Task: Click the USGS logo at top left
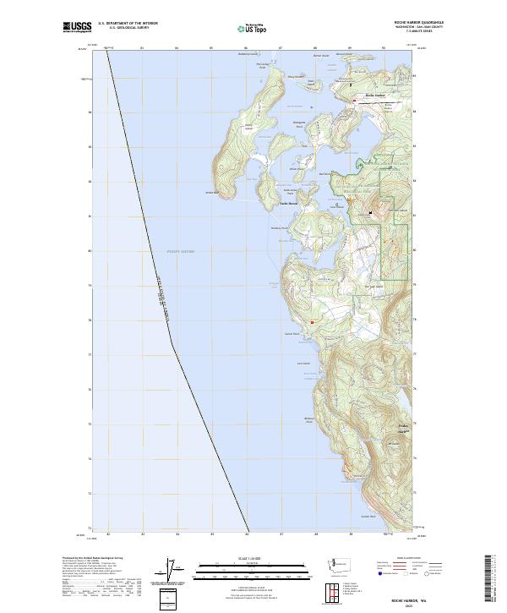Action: tap(78, 28)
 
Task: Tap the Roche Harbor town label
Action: tap(374, 95)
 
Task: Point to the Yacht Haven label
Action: tap(288, 204)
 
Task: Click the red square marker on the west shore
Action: tap(312, 322)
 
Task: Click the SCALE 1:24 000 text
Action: tap(253, 556)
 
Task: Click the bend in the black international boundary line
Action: tap(173, 342)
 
